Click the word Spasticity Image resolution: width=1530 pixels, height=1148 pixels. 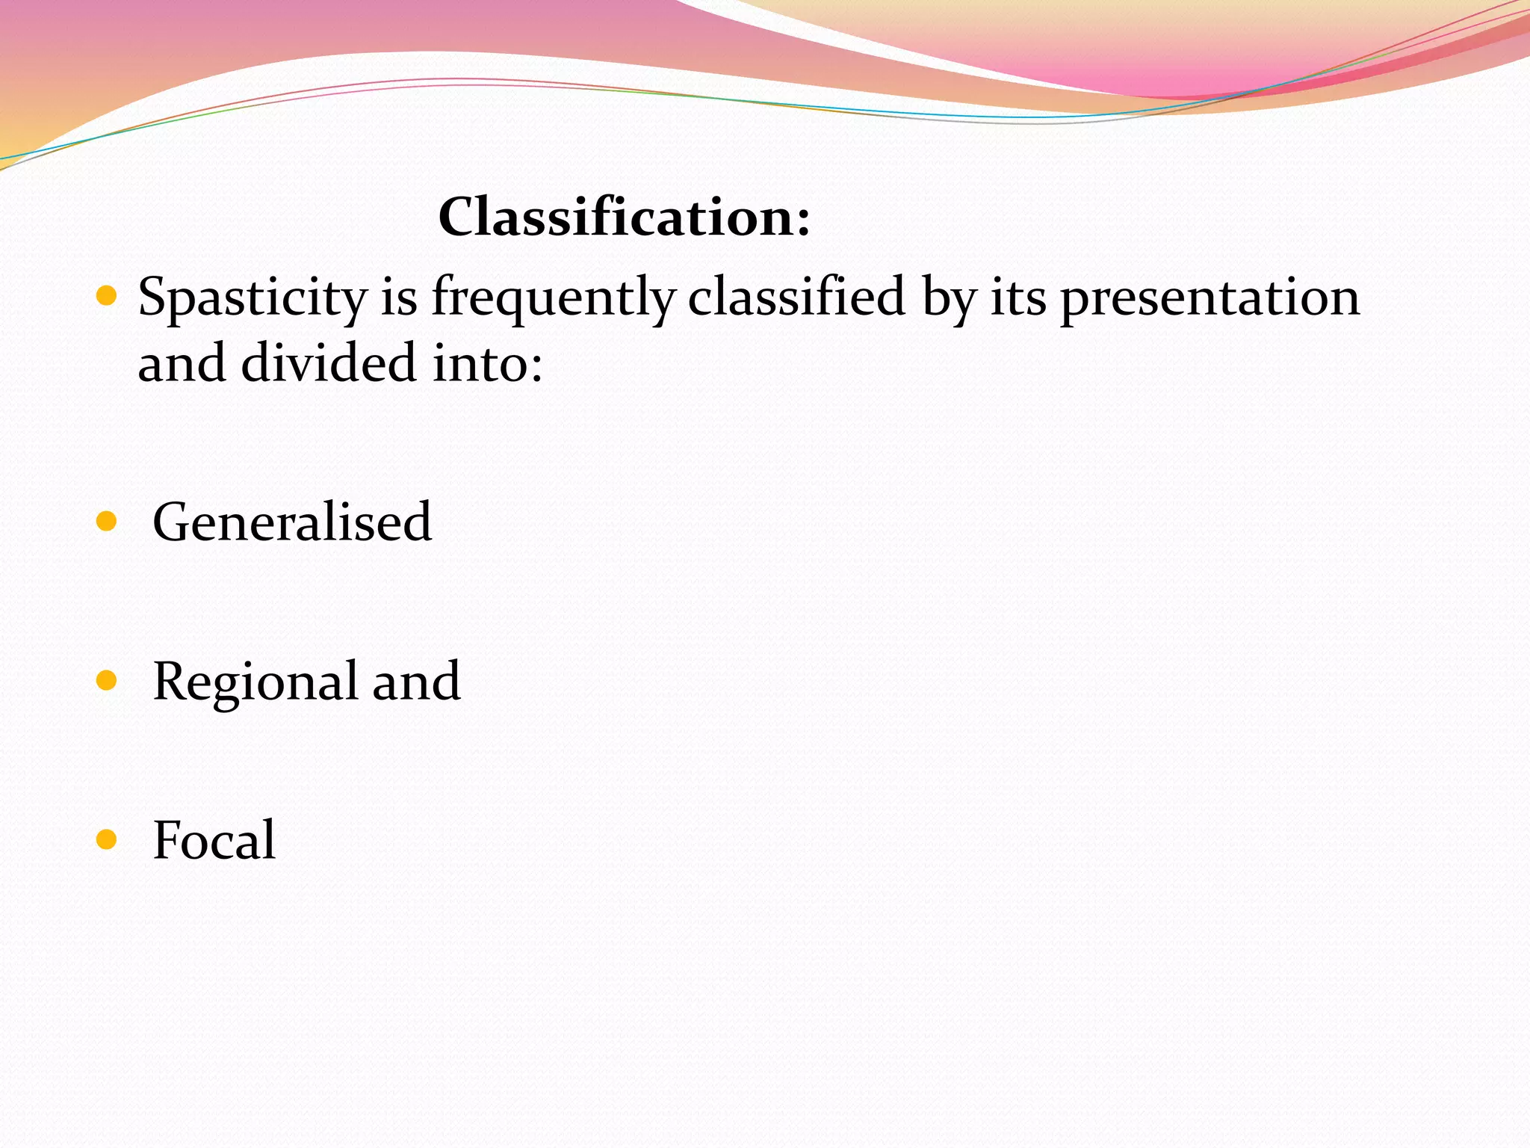click(x=253, y=298)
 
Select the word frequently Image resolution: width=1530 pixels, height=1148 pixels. click(x=553, y=298)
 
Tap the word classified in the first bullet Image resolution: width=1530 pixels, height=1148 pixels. click(x=796, y=297)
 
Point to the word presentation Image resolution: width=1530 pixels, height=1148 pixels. click(x=1210, y=298)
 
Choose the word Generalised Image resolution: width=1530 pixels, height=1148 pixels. click(x=292, y=522)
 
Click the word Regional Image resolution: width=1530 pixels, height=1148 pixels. click(x=255, y=682)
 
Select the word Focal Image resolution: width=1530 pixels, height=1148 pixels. click(x=214, y=840)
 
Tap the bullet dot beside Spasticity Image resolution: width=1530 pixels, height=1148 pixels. click(x=107, y=297)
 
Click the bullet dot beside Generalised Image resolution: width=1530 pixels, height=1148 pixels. click(x=107, y=521)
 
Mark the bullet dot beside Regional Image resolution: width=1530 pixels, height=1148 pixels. click(x=107, y=680)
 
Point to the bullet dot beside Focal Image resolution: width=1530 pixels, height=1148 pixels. click(x=107, y=839)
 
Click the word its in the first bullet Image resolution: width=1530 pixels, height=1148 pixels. click(x=1018, y=297)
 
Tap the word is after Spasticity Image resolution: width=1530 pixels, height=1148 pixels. click(x=399, y=297)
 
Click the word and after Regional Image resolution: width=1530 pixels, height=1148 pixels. click(x=416, y=682)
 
